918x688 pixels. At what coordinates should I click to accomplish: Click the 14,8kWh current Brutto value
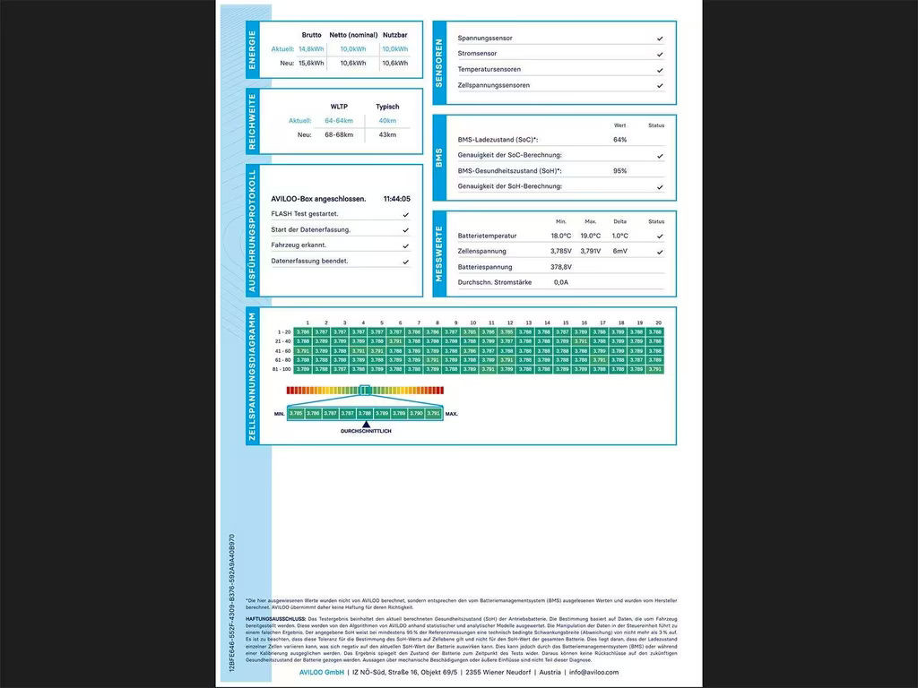tap(311, 49)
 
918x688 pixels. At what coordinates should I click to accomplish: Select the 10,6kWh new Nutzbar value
tap(394, 64)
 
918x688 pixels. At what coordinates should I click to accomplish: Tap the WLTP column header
tap(339, 106)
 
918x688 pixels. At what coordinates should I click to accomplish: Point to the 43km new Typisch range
tap(387, 134)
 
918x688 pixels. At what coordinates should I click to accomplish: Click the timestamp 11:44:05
tap(396, 199)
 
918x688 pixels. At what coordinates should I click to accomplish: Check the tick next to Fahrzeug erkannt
tap(406, 245)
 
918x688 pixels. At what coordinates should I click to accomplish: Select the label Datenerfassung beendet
tap(309, 261)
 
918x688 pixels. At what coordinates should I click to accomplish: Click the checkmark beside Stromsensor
tap(660, 55)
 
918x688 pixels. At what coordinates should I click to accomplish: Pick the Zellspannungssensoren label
tap(493, 85)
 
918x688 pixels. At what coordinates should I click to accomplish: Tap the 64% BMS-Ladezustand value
tap(619, 140)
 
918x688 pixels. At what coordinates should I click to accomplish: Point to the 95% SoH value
tap(619, 170)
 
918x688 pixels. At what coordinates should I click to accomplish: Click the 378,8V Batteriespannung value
tap(561, 267)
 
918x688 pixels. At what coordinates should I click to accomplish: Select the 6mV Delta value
tap(619, 251)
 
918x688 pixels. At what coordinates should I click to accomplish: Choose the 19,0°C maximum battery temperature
tap(590, 236)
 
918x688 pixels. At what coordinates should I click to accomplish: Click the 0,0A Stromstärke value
tap(561, 282)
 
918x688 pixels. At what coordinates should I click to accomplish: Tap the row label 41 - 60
tap(283, 350)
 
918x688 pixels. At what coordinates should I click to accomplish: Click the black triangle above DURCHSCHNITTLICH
tap(366, 423)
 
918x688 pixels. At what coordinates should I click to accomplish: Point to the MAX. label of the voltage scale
tap(452, 414)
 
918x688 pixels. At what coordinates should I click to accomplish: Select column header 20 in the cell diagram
tap(658, 322)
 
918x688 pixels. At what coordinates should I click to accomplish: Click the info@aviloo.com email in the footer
tap(593, 672)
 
